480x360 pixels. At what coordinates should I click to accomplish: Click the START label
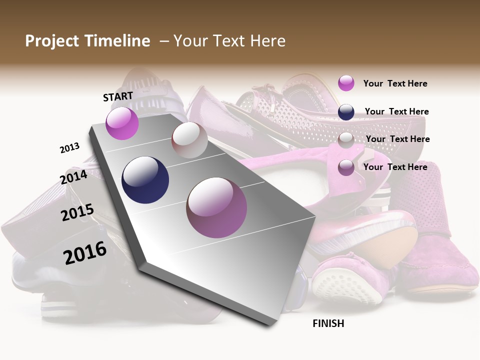[118, 96]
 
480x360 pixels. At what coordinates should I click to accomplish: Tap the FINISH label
[328, 323]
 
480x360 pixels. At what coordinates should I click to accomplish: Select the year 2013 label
[69, 148]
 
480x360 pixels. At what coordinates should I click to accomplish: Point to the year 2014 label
[74, 177]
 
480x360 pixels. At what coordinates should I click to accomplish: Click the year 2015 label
[77, 212]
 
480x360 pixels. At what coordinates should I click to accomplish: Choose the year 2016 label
[85, 253]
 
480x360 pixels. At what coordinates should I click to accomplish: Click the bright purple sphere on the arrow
[122, 123]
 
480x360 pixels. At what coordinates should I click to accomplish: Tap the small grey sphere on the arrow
[189, 140]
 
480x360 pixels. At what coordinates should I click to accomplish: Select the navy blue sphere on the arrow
[145, 180]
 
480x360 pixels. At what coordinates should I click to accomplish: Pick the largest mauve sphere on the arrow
[216, 207]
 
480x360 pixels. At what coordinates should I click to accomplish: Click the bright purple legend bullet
[346, 83]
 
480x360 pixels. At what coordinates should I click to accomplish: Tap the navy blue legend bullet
[346, 112]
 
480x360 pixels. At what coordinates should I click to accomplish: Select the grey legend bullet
[346, 140]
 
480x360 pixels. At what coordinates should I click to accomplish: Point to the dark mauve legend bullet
[346, 167]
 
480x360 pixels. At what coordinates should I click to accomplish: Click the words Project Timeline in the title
[87, 41]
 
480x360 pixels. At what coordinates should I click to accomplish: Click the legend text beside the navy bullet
[396, 111]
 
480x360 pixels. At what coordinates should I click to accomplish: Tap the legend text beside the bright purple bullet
[395, 83]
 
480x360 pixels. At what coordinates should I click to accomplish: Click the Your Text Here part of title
[229, 41]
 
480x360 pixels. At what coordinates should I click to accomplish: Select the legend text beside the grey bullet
[397, 139]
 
